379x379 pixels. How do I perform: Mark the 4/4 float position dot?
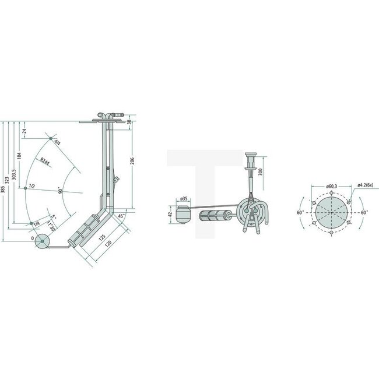pos(51,138)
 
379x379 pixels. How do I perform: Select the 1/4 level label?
pos(37,224)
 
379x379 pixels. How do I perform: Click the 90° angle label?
pos(60,191)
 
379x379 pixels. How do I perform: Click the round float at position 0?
pos(42,241)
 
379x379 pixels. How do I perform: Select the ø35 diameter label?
pos(183,199)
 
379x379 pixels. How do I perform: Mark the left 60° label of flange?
pos(300,213)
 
